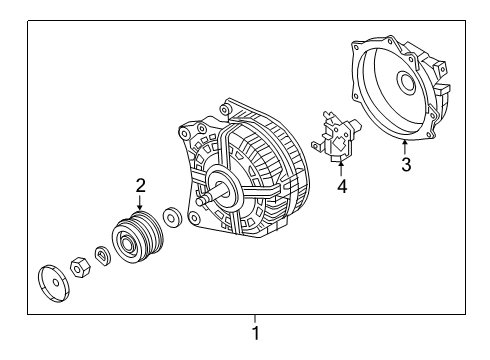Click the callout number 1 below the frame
[x=256, y=333]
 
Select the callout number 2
[x=141, y=186]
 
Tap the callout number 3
[x=406, y=164]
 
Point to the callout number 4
[x=342, y=186]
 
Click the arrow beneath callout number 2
[x=140, y=203]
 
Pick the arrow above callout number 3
[x=405, y=148]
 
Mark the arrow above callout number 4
[x=341, y=169]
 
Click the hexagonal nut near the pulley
[x=80, y=267]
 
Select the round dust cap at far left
[x=53, y=284]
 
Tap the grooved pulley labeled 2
[x=138, y=238]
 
